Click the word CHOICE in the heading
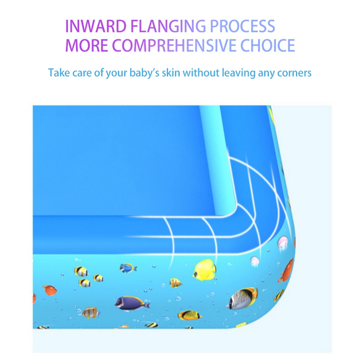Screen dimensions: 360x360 [x=268, y=45]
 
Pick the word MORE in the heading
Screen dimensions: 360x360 [x=86, y=45]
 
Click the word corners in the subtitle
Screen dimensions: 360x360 [x=294, y=73]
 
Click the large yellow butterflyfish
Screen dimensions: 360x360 [x=205, y=270]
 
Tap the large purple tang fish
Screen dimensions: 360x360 [x=132, y=302]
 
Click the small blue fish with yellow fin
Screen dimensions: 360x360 [x=128, y=268]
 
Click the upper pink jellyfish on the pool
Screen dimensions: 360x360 [x=282, y=243]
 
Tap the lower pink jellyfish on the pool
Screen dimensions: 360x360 [x=255, y=261]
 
